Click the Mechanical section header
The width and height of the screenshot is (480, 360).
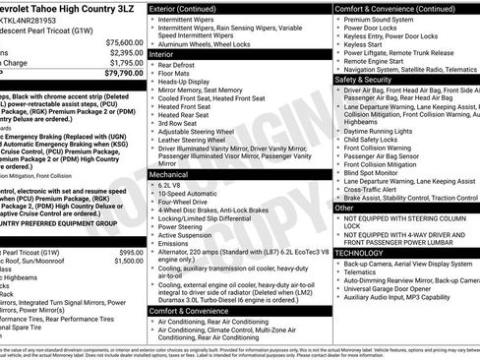(171, 174)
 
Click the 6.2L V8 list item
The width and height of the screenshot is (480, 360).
(173, 185)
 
